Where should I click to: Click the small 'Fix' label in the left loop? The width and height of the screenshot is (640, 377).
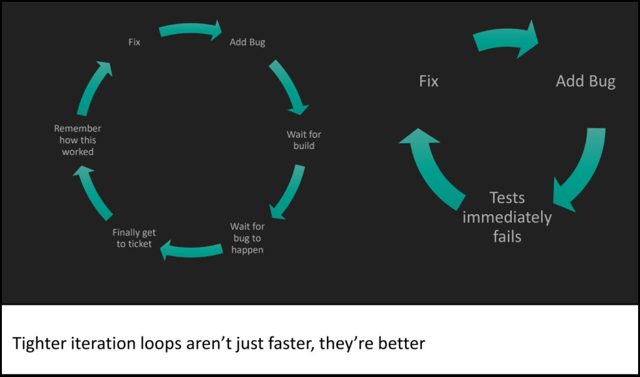tap(134, 43)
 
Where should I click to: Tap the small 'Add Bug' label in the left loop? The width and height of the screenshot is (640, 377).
tap(247, 43)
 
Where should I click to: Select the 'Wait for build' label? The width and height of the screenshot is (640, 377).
tap(304, 140)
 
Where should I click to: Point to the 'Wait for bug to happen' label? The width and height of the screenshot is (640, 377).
tap(247, 238)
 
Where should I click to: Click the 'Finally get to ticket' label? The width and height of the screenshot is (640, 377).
tap(134, 238)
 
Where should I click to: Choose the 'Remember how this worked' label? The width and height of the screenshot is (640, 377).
tap(78, 140)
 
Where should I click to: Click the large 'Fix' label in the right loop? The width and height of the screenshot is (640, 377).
tap(428, 81)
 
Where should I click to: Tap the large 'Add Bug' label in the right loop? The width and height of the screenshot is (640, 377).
tap(586, 81)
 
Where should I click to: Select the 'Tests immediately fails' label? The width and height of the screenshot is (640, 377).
tap(507, 217)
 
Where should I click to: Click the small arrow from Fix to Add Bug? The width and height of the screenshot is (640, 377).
tap(191, 29)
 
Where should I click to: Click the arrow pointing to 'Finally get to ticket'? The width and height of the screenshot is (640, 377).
tap(191, 251)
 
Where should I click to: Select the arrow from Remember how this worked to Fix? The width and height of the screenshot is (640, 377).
tap(94, 88)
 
